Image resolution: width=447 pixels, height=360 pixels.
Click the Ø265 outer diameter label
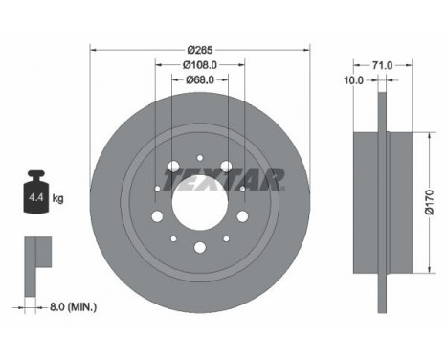199,49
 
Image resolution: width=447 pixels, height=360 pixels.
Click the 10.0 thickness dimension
353,80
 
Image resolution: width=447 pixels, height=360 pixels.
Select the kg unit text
58,199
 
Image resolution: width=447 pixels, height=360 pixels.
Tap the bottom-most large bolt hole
199,247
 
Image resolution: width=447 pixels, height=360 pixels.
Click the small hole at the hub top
199,160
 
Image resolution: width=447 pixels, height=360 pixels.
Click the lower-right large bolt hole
242,215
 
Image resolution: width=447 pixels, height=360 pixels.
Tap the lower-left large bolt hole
156,215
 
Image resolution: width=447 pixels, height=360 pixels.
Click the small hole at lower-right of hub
226,237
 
